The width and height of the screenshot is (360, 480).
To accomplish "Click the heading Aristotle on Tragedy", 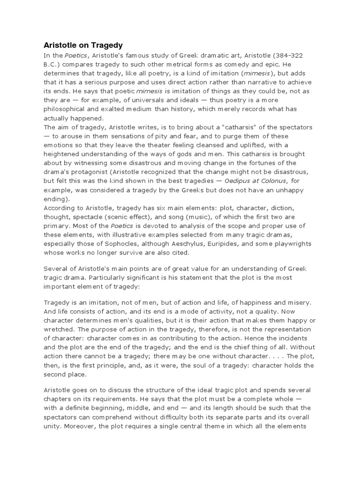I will coord(83,45).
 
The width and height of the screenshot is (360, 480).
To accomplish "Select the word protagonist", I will coord(89,172).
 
